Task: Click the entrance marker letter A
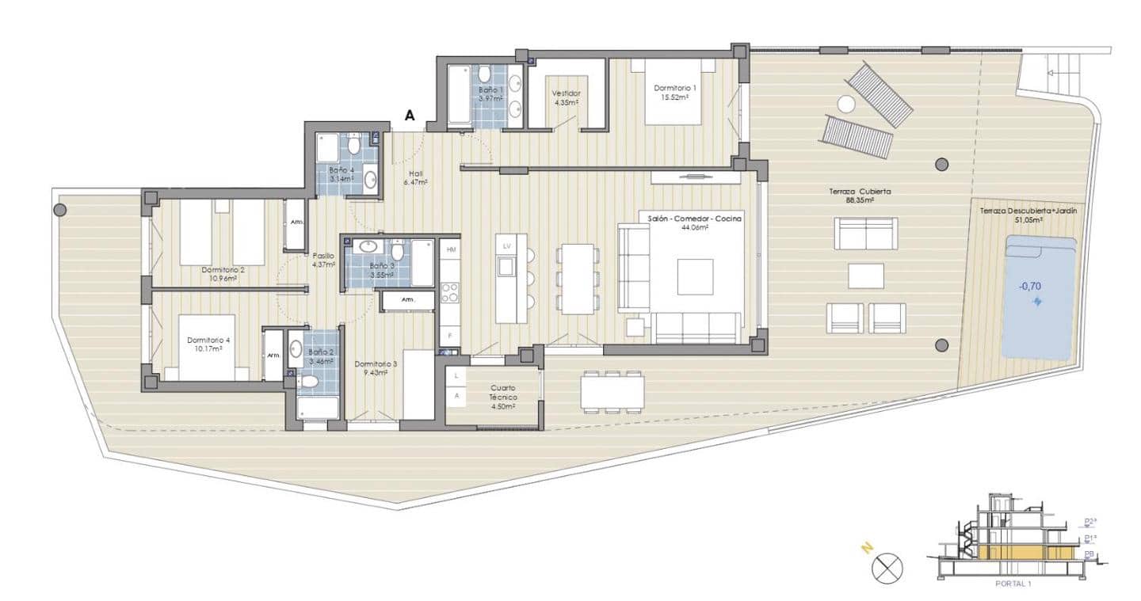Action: [x=410, y=115]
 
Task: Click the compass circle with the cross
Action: [x=888, y=568]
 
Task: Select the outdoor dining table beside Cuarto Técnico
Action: [x=611, y=390]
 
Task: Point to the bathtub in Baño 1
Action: [x=460, y=96]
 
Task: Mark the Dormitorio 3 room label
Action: [x=371, y=368]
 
